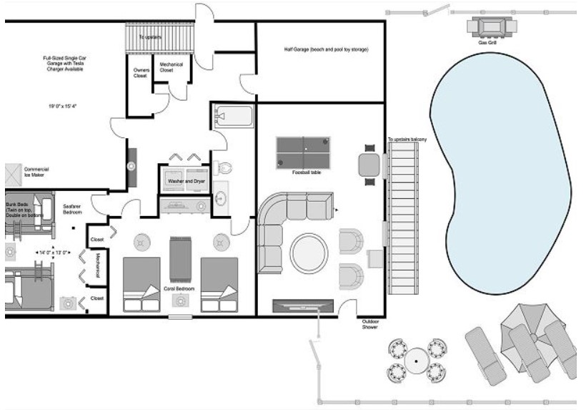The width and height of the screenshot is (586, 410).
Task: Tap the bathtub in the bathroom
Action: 233,117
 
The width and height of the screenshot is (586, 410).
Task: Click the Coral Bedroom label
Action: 179,289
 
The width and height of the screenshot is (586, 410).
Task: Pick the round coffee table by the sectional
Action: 309,252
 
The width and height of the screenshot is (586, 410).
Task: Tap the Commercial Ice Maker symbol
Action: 14,173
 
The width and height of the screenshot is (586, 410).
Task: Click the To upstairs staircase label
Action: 152,36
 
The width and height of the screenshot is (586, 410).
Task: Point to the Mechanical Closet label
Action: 171,68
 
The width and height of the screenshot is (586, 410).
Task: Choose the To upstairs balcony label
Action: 407,139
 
